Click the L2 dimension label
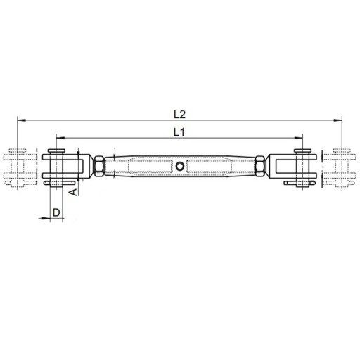coord(180,115)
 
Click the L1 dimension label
coord(179,133)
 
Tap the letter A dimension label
coord(73,192)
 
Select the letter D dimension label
coord(56,212)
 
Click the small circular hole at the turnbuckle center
coord(180,166)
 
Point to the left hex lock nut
coord(99,166)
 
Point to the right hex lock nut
coord(260,166)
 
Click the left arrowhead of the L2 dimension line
coord(22,120)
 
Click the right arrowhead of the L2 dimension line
coord(337,120)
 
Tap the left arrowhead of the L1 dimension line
coord(60,138)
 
